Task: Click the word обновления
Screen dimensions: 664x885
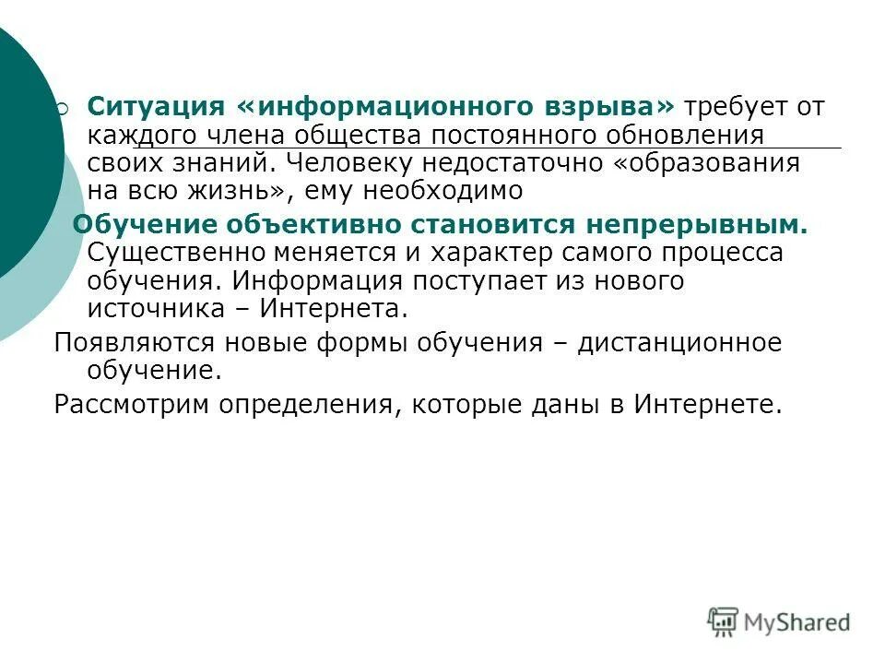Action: pos(686,135)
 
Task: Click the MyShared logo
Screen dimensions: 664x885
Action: pos(780,622)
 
